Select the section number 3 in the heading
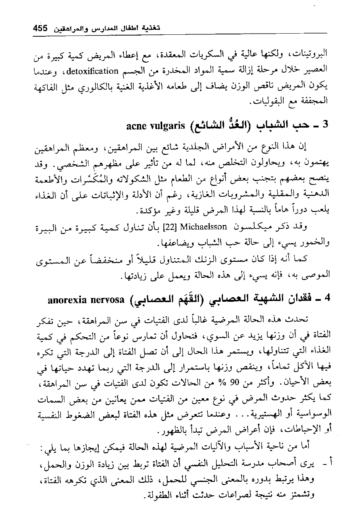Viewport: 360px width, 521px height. (x=325, y=125)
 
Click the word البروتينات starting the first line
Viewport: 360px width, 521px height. (x=310, y=53)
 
